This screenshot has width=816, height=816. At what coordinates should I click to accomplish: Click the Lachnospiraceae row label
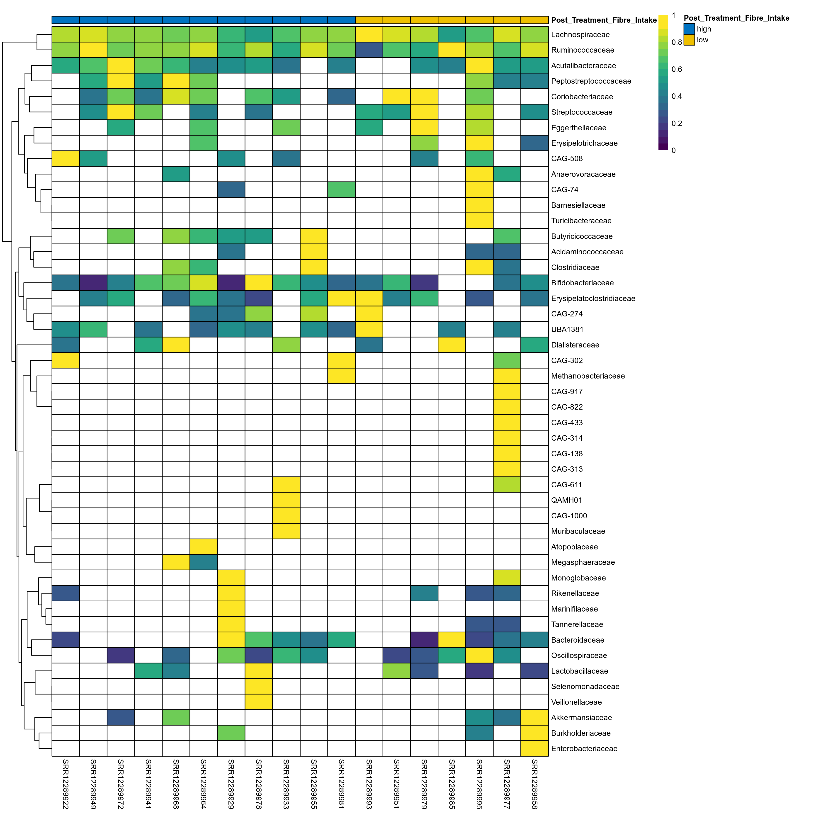point(580,35)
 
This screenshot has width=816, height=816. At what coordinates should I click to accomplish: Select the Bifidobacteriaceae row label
point(582,283)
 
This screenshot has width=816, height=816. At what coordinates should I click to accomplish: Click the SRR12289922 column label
point(66,784)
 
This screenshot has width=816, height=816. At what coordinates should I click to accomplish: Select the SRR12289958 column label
point(534,784)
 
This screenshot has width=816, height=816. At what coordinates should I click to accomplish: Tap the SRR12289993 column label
point(369,784)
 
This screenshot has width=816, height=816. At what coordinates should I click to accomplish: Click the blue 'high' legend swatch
point(689,29)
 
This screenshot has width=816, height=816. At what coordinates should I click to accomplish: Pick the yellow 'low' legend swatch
point(689,40)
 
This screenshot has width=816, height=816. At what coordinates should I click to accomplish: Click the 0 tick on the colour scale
point(673,150)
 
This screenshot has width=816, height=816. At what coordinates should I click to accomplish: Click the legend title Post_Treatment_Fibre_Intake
point(736,18)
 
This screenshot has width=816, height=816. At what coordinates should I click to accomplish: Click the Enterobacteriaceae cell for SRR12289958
point(534,749)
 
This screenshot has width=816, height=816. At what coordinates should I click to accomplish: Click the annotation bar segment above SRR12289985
point(452,20)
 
